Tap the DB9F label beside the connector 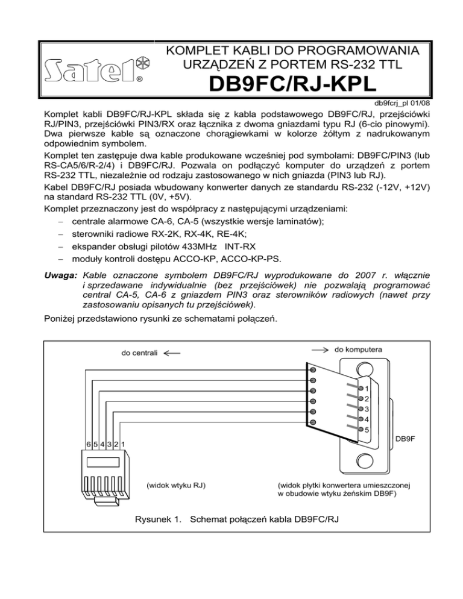(406, 440)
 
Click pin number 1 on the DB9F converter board (367, 389)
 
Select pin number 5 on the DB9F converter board (367, 430)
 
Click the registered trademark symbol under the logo (139, 78)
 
